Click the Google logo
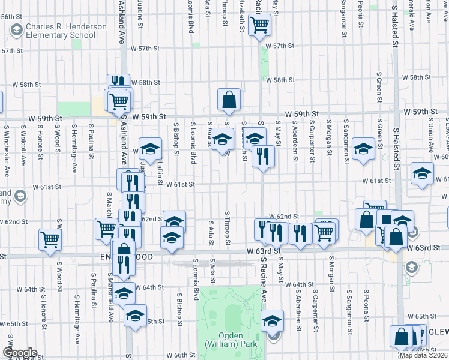click(19, 353)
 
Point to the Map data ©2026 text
click(424, 355)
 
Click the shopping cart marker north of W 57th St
click(259, 26)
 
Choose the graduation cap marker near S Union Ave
click(422, 174)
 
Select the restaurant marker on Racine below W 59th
click(263, 157)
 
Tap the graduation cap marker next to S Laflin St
click(151, 148)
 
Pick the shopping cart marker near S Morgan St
click(324, 232)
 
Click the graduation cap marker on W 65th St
click(135, 315)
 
